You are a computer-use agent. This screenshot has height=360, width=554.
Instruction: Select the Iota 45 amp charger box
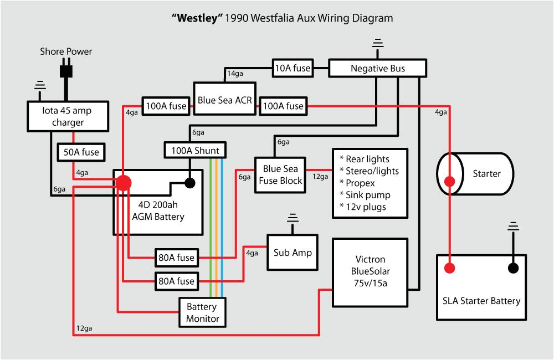[x=68, y=116]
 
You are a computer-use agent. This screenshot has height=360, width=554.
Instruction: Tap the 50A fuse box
[x=82, y=151]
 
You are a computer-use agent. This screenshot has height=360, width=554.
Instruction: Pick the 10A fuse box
[x=292, y=69]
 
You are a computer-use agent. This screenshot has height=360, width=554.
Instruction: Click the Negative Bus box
[x=378, y=69]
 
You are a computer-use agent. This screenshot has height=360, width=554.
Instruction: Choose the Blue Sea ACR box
[x=224, y=100]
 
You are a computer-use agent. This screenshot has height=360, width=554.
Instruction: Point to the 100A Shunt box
[x=193, y=150]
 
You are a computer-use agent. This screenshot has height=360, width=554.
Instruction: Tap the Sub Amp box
[x=293, y=252]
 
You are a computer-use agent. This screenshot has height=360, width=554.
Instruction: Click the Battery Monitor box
[x=202, y=312]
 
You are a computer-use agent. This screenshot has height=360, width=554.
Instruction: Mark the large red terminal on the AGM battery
[x=123, y=183]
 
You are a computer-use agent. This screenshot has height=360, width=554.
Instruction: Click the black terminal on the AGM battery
[x=190, y=183]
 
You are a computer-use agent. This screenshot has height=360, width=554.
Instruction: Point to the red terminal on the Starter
[x=449, y=181]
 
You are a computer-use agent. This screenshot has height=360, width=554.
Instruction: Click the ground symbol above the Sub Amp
[x=292, y=220]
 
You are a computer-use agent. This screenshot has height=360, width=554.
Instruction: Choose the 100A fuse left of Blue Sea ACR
[x=165, y=105]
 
